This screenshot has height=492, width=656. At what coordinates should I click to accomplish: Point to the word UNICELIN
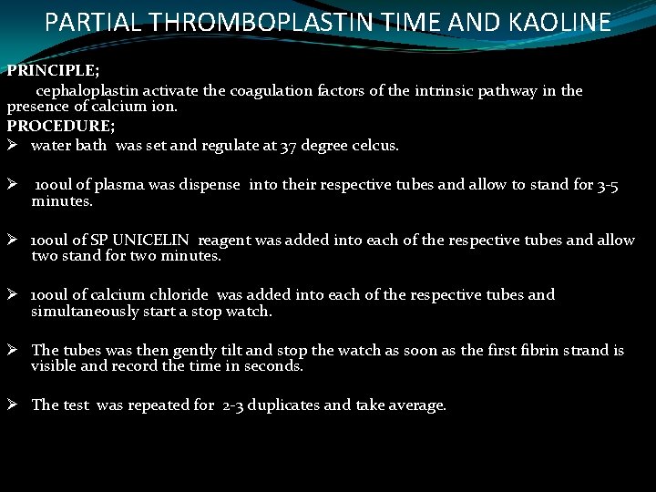point(153,240)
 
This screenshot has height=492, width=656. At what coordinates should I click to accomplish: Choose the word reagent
point(224,240)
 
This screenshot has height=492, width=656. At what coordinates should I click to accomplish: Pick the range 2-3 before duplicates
point(233,405)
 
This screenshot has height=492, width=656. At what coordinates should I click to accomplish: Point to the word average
point(416,405)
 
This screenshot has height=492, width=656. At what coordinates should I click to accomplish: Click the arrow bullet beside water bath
point(14,146)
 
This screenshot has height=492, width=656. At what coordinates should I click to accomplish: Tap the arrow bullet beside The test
point(14,405)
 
